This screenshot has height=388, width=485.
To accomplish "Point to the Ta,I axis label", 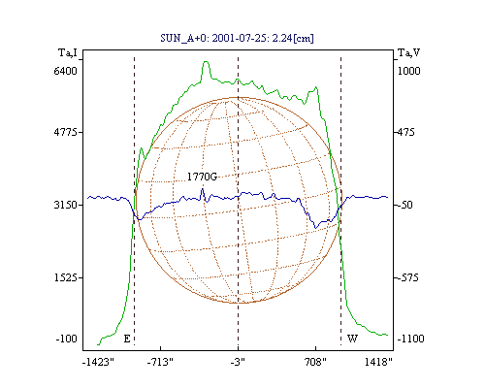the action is pos(68,52).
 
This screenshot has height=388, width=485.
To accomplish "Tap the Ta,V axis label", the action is pos(408,52).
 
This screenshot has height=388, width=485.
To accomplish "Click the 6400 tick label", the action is pos(66,71).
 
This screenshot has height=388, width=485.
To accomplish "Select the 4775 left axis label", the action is pos(66,132).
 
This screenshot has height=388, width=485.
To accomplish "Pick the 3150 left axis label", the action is pos(66,205).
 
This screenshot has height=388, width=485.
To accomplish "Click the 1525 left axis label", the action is pos(66,277).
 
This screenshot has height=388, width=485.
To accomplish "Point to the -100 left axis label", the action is pos(67,339).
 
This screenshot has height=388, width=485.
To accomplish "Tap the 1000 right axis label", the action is pos(408,71).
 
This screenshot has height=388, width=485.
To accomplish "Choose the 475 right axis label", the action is pos(405,132).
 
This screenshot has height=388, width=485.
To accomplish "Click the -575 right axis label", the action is pos(407,277).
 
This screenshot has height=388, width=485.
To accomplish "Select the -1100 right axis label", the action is pos(410,339).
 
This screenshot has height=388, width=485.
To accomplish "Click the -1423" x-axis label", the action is pos(98,362).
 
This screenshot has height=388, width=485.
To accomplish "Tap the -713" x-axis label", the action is pos(160,362).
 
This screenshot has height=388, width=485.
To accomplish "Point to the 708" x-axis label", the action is pos(315,362).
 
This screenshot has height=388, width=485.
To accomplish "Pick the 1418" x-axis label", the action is pos(378,362).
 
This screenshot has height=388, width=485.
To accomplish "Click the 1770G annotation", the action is pos(202,177).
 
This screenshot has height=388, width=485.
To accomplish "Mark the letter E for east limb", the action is pos(127,339).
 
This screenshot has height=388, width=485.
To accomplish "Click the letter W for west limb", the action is pos(352,339).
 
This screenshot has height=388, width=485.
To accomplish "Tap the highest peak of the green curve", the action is pos(206,62).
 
